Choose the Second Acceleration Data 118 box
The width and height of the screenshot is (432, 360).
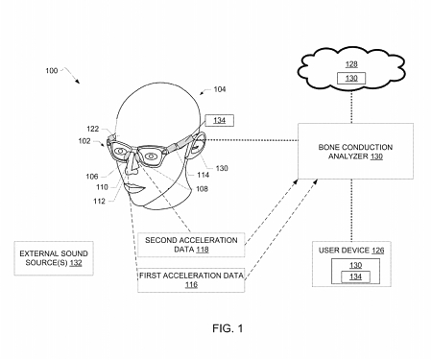191,243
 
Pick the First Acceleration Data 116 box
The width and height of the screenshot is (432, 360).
191,278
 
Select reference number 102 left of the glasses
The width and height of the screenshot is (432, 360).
84,141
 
